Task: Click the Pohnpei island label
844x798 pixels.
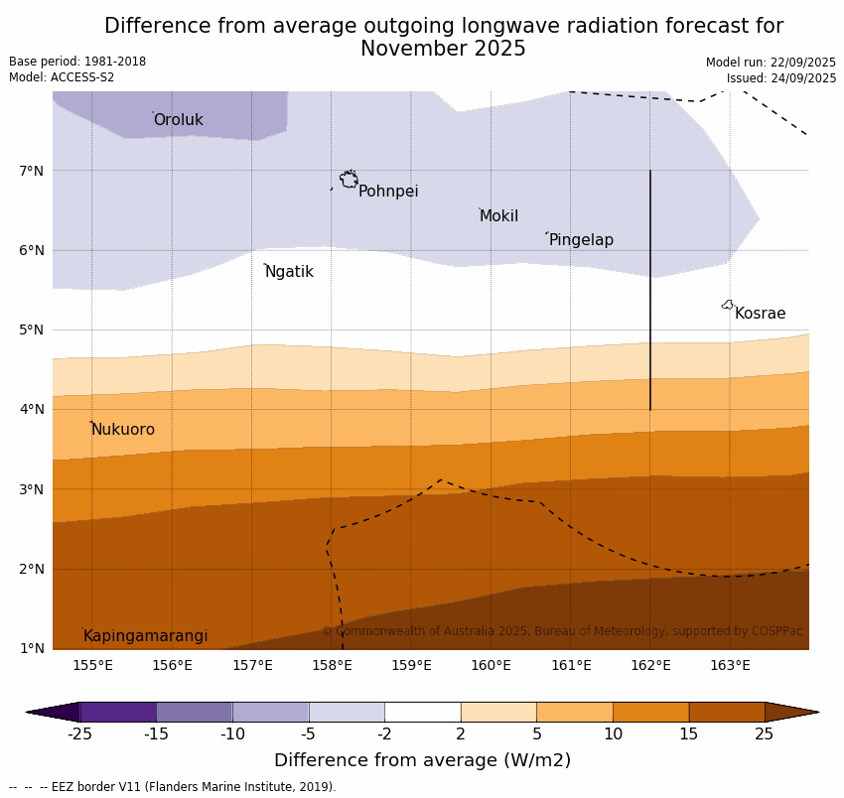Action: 388,192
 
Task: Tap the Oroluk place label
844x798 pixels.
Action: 179,120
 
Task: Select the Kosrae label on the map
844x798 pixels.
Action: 760,314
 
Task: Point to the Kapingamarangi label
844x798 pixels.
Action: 146,636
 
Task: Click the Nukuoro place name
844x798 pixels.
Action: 123,430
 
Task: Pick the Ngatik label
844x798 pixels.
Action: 289,272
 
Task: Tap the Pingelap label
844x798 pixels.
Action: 581,240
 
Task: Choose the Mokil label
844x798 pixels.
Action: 498,216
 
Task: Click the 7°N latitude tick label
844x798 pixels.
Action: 32,171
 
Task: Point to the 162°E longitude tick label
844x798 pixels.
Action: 650,665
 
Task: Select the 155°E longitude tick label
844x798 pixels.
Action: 92,665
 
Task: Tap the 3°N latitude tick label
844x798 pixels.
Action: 32,489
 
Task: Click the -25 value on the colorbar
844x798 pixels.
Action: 79,734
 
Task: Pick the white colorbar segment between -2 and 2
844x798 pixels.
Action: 422,712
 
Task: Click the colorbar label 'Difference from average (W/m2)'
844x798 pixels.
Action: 422,761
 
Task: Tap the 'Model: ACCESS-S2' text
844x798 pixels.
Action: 62,77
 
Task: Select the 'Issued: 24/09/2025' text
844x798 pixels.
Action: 780,78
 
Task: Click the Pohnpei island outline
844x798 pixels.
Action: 349,180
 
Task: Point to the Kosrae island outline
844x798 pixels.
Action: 728,305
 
